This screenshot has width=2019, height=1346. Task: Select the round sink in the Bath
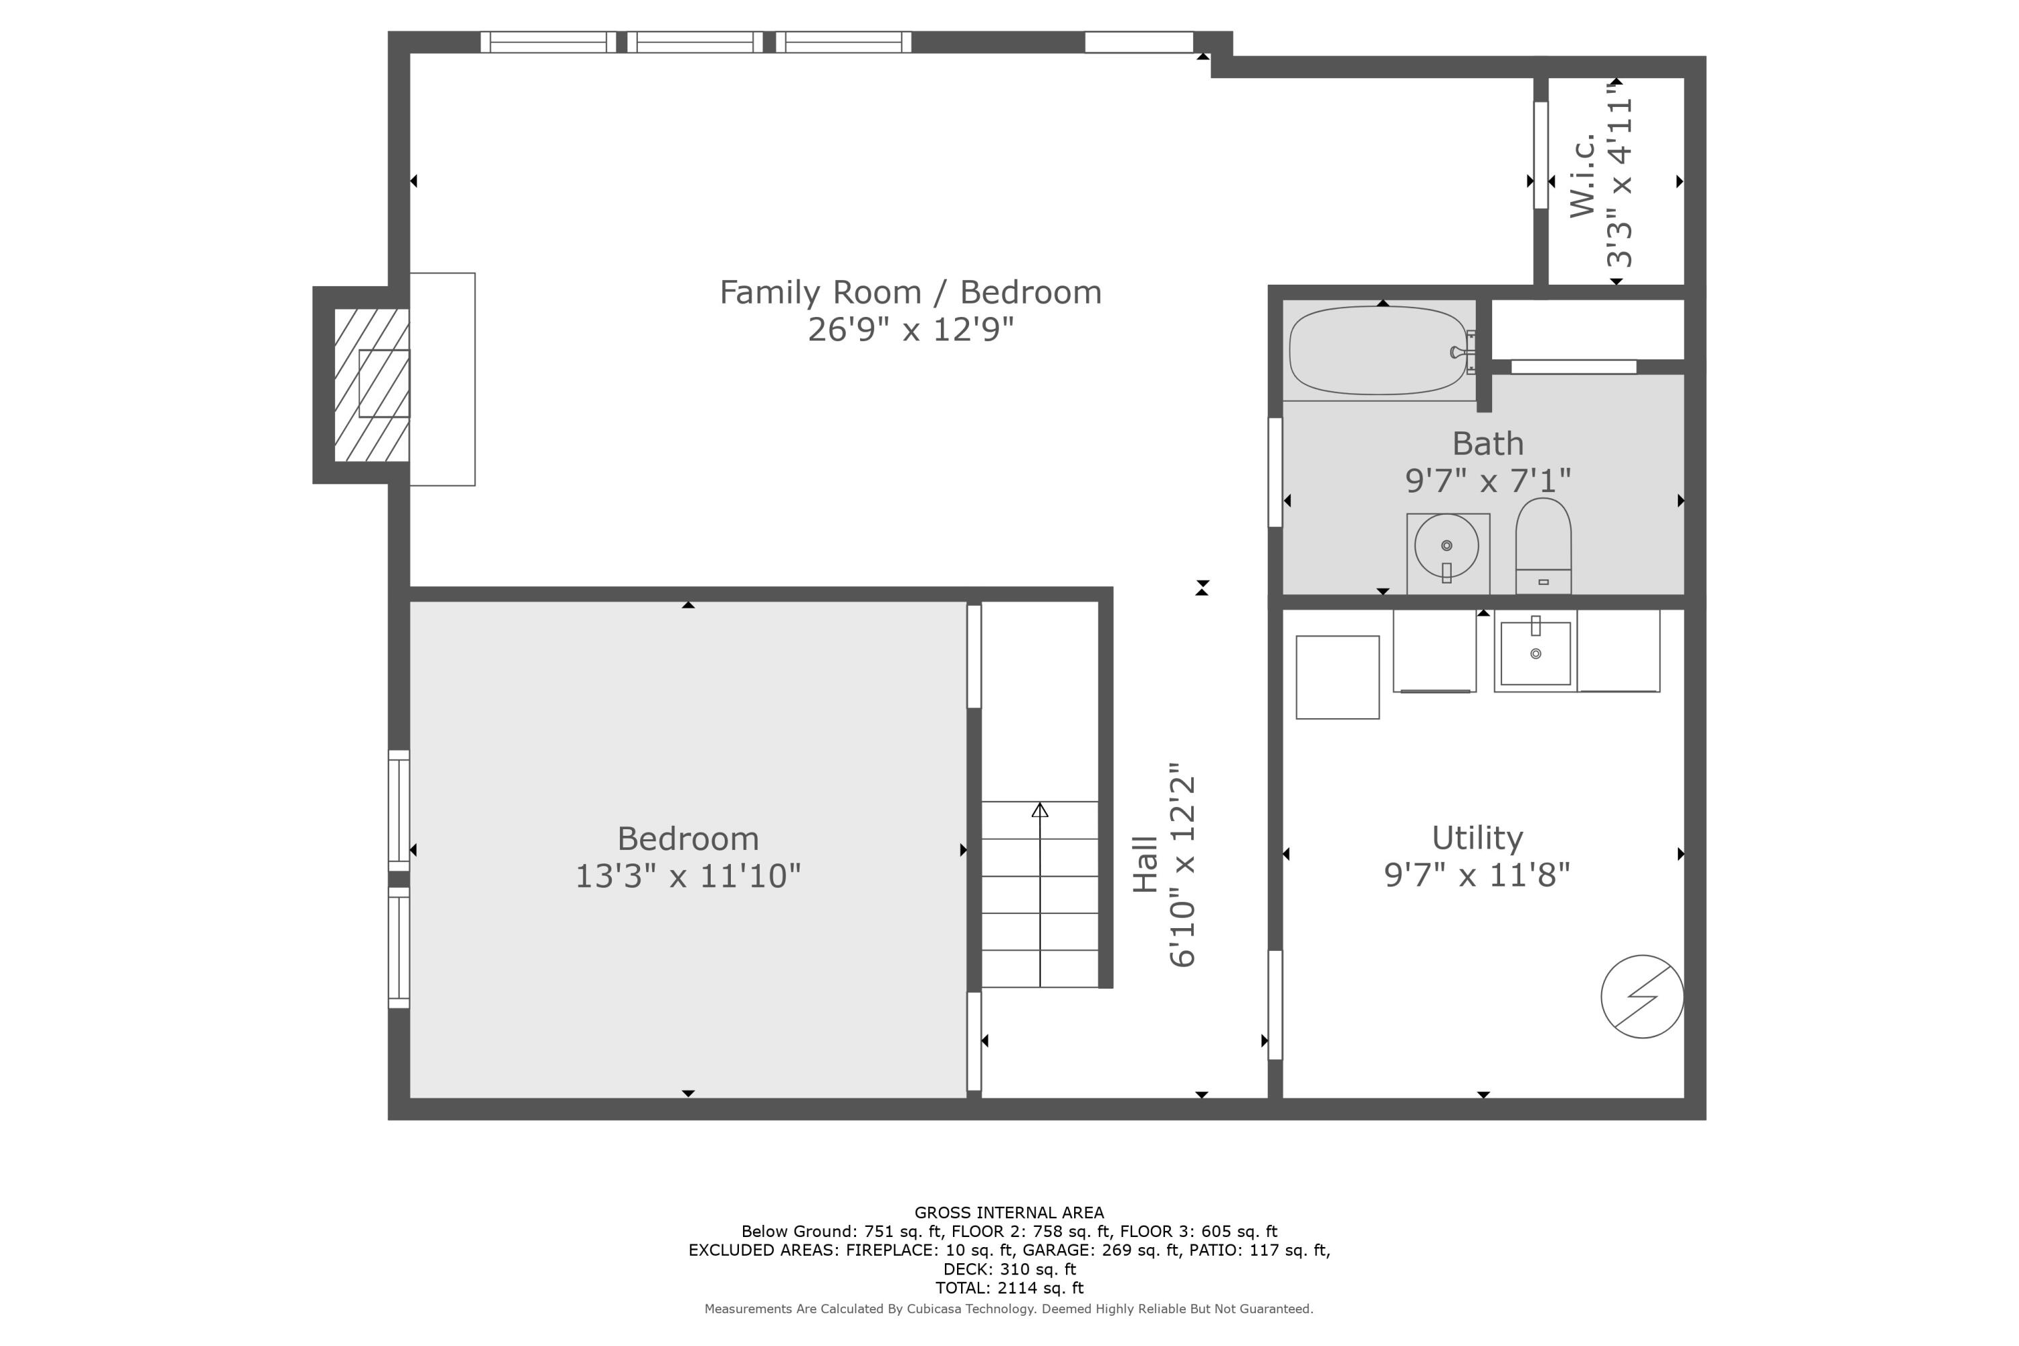coord(1446,546)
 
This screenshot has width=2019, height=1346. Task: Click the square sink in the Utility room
coord(1536,652)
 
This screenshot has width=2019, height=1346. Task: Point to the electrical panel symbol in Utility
coord(1641,996)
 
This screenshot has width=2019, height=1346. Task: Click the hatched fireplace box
coord(371,384)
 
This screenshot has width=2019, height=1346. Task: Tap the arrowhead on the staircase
coord(1040,810)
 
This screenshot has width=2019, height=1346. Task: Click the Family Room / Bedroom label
coord(910,293)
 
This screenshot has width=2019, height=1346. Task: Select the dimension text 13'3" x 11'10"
coord(688,876)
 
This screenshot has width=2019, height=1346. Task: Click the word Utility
coord(1477,837)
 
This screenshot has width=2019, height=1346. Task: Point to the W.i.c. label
coord(1582,176)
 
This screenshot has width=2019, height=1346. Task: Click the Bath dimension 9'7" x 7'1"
coord(1487,481)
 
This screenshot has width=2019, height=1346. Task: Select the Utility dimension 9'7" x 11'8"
coord(1477,875)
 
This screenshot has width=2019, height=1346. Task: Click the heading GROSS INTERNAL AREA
coord(1009,1212)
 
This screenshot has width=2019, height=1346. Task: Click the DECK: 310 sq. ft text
coord(1009,1269)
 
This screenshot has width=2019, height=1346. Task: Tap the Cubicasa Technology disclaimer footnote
coord(1009,1309)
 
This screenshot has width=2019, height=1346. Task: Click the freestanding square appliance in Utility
coord(1337,677)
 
